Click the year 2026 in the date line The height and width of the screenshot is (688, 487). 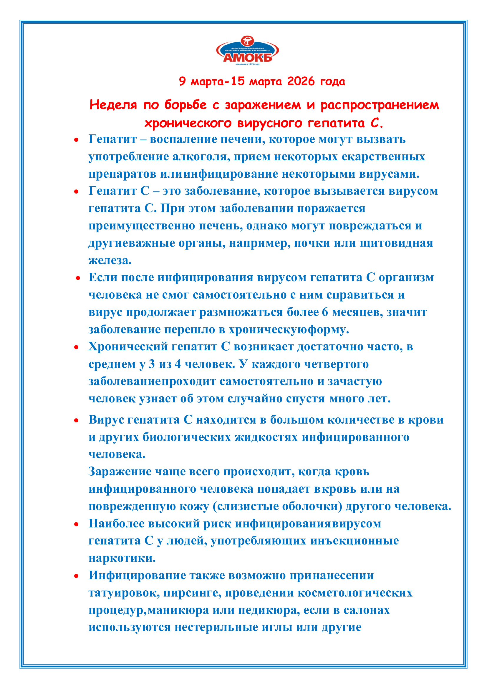301,81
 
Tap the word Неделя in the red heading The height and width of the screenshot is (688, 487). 113,105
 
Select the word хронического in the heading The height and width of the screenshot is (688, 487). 188,123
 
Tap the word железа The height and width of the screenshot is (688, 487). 110,260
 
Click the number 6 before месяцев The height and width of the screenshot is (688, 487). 325,312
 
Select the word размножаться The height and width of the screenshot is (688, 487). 241,312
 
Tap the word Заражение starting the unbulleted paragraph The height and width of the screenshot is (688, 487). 120,472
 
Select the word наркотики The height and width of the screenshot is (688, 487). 122,558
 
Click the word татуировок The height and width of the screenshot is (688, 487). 124,593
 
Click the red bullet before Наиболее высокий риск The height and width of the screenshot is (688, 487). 77,524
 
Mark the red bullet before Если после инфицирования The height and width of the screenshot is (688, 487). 78,278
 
